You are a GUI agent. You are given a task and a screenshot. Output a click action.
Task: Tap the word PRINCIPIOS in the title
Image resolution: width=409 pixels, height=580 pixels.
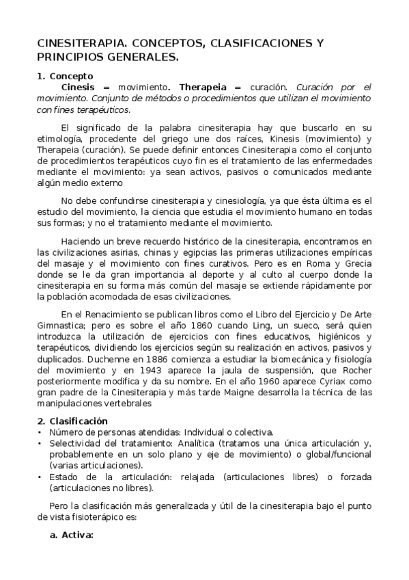tap(68, 57)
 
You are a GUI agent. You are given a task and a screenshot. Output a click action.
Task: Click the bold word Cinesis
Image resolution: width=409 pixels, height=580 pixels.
tap(78, 88)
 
